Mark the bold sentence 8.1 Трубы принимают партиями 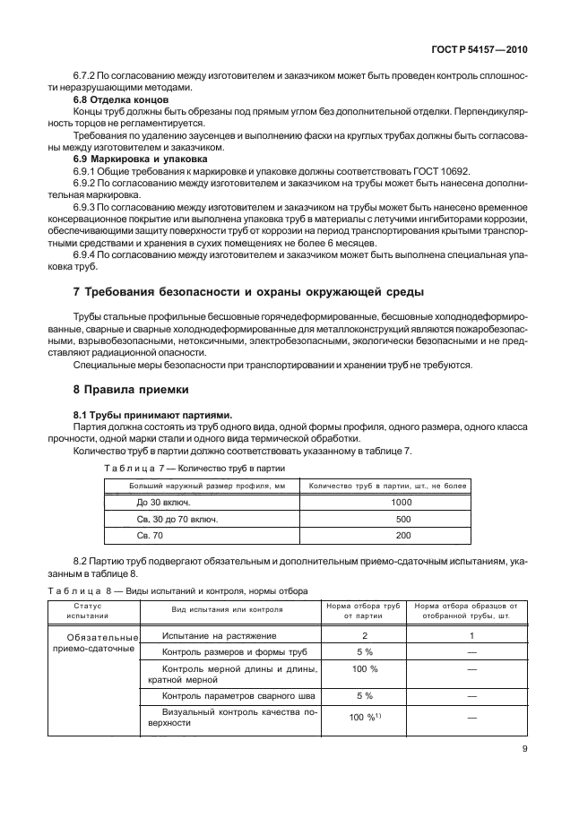(152, 415)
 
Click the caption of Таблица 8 (176, 590)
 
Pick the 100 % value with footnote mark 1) (364, 718)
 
